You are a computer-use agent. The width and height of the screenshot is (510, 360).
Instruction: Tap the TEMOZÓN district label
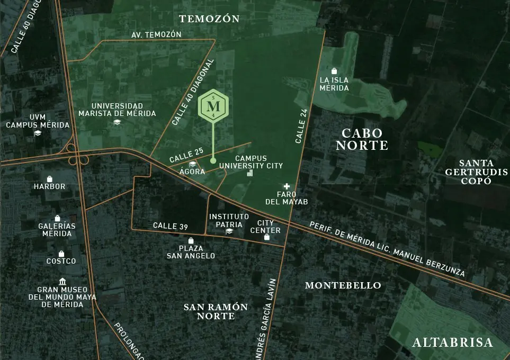(209, 19)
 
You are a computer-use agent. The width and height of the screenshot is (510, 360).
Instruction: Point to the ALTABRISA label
(453, 343)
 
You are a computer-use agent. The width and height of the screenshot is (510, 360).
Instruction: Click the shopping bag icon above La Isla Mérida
(334, 71)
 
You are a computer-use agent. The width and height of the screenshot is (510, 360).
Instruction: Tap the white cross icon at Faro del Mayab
(287, 186)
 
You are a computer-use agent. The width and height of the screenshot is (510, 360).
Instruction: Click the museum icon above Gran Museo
(62, 281)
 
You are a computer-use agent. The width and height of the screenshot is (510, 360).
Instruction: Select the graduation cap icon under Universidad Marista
(117, 122)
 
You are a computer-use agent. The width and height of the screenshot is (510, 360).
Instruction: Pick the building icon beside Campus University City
(250, 173)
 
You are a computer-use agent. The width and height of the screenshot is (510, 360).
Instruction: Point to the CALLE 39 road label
(171, 226)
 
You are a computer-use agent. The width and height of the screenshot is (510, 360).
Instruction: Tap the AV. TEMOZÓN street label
(156, 35)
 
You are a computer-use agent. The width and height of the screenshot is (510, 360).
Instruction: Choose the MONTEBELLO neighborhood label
(343, 285)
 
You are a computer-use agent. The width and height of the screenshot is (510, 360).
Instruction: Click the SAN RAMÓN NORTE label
(216, 311)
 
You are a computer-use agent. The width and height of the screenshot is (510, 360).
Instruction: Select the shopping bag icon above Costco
(61, 254)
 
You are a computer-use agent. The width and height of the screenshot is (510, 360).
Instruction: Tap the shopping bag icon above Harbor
(50, 179)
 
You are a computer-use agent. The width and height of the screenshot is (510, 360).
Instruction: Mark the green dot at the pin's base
(213, 160)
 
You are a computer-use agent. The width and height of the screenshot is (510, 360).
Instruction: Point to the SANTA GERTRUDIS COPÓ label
(476, 172)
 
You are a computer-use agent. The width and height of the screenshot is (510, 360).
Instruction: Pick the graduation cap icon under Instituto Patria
(229, 231)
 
